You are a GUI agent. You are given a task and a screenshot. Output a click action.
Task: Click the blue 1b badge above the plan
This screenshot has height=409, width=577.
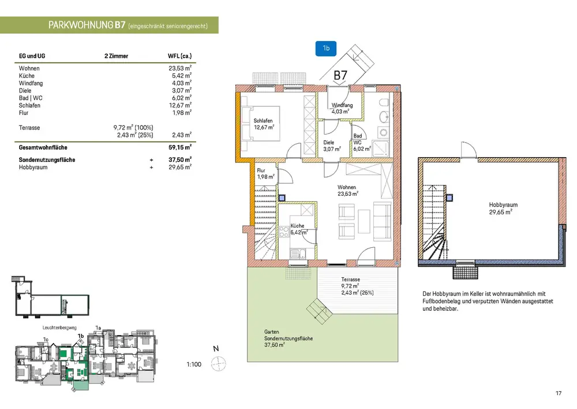(x=325, y=49)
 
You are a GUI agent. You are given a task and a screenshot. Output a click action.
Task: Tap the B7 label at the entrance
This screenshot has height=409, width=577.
(x=340, y=75)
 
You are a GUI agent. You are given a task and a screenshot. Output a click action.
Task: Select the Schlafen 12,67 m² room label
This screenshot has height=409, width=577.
(x=264, y=124)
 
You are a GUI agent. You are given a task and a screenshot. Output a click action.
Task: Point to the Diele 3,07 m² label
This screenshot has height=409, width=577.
(x=332, y=146)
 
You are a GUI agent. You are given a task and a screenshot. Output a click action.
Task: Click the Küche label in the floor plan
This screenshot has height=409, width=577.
(x=297, y=225)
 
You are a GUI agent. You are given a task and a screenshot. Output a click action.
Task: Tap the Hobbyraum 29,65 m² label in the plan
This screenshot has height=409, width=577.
(x=503, y=209)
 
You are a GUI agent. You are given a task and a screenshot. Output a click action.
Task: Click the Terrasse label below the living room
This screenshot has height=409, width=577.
(x=350, y=279)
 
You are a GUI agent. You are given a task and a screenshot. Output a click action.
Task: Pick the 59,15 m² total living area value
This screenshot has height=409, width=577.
(x=180, y=147)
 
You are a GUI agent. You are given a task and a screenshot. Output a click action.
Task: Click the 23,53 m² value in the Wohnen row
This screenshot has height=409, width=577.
(x=180, y=68)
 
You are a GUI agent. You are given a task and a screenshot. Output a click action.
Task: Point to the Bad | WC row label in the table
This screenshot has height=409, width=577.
(x=31, y=98)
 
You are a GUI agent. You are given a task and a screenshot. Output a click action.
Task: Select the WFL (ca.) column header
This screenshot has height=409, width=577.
(x=179, y=56)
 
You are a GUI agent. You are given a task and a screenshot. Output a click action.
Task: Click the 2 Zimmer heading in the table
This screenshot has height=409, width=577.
(x=117, y=56)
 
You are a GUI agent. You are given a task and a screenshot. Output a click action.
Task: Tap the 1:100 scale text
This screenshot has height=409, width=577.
(x=194, y=365)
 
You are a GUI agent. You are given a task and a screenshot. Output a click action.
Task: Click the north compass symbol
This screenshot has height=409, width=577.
(x=218, y=364)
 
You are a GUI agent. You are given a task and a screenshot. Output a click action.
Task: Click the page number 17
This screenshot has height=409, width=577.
(x=559, y=393)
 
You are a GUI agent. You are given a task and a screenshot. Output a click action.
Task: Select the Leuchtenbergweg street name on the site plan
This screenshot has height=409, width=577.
(x=59, y=328)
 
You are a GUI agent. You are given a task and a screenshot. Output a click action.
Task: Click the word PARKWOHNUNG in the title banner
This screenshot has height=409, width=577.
(x=81, y=25)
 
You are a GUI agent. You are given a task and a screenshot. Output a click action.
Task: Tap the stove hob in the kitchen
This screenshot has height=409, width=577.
(x=284, y=232)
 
